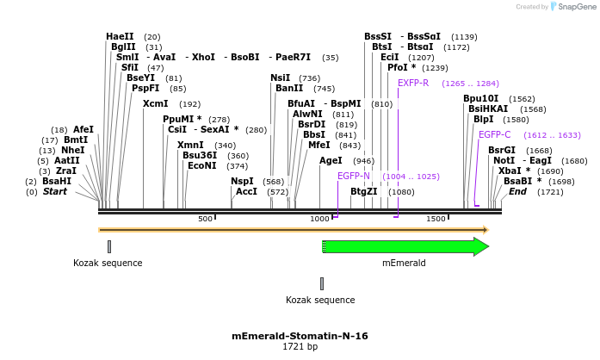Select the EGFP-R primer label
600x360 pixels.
(413, 84)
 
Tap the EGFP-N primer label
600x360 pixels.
(354, 176)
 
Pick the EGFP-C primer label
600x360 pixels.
(495, 134)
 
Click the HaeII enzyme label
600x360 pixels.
(120, 36)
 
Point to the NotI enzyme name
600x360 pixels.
(504, 160)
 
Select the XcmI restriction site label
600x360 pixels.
(156, 103)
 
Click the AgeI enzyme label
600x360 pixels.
(331, 160)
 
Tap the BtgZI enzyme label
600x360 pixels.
(363, 191)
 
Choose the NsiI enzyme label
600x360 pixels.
(281, 78)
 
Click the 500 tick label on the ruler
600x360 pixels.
(205, 220)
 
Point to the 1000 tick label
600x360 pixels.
(319, 220)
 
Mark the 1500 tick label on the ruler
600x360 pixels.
(436, 220)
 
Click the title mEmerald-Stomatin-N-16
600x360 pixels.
(300, 336)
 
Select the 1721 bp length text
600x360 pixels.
(300, 347)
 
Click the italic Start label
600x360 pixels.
(54, 191)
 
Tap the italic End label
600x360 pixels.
(517, 191)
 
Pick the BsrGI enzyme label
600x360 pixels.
(502, 150)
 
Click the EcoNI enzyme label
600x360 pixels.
(202, 165)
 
